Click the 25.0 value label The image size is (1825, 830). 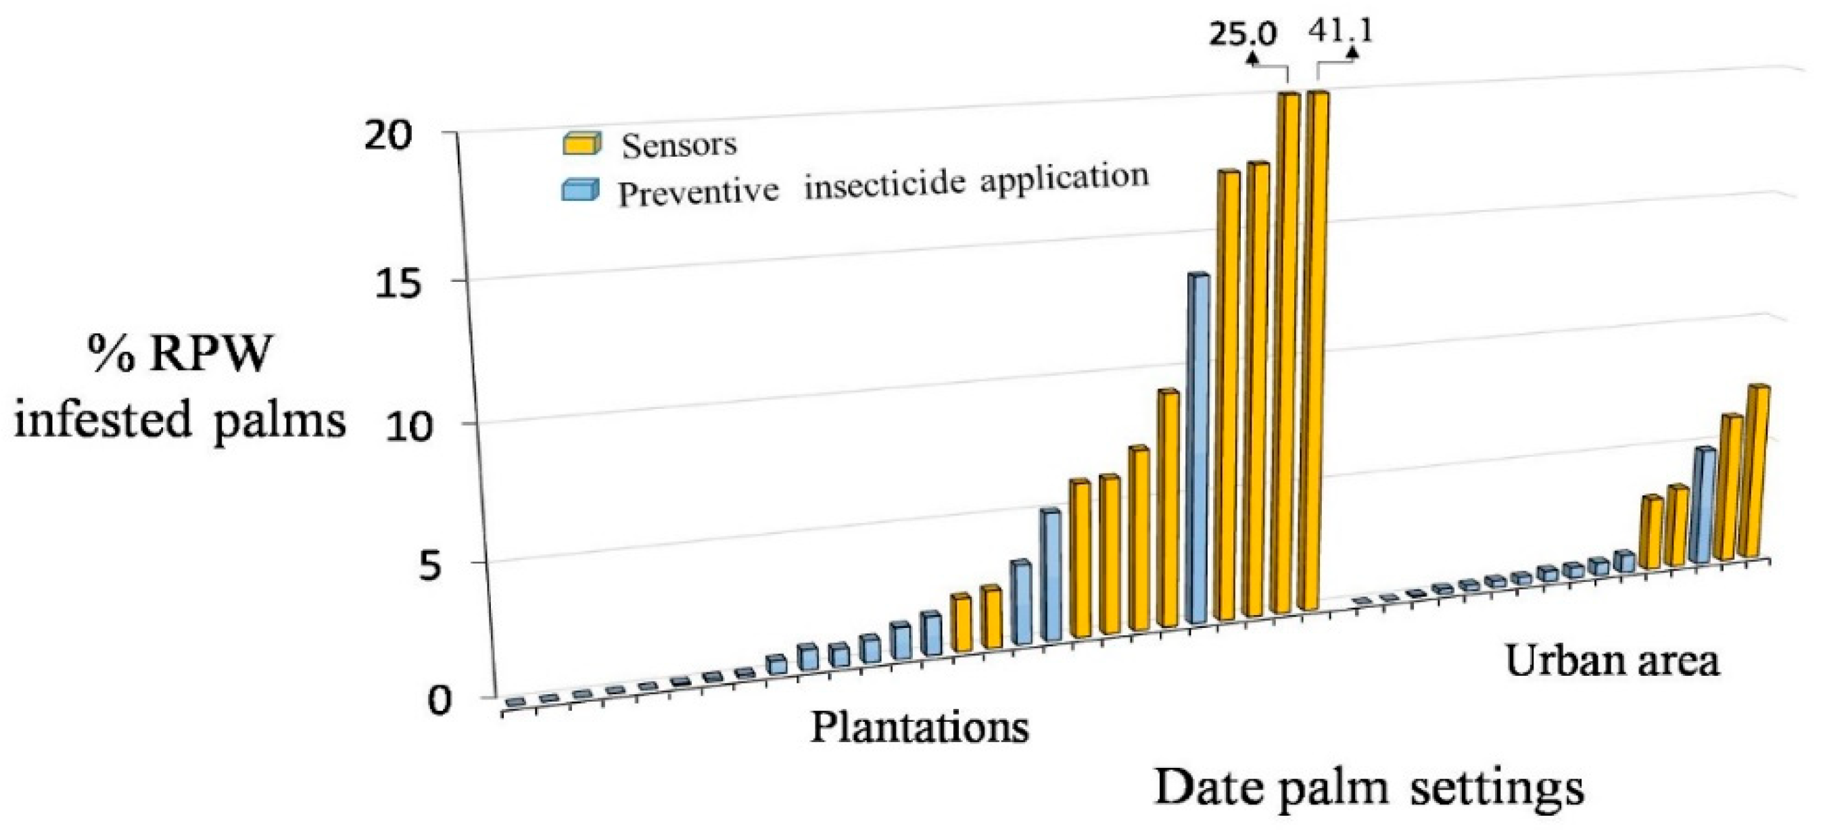1243,34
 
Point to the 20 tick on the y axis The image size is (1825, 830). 388,135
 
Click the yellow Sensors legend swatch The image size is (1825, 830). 582,143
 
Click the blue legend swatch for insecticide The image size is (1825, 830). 579,191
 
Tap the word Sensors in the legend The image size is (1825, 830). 679,145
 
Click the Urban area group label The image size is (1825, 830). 1612,661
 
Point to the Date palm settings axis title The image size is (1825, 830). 1369,787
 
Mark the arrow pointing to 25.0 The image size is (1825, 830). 1252,58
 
